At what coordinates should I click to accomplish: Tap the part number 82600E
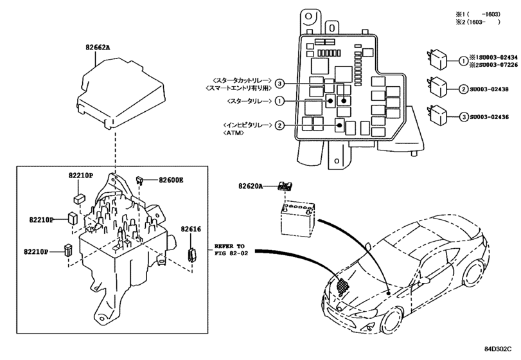click(x=172, y=181)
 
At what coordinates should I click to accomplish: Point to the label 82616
click(x=191, y=228)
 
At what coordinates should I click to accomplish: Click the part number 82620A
click(x=251, y=186)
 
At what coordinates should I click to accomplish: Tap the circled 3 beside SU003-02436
click(x=463, y=116)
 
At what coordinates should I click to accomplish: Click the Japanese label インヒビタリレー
click(x=245, y=125)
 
